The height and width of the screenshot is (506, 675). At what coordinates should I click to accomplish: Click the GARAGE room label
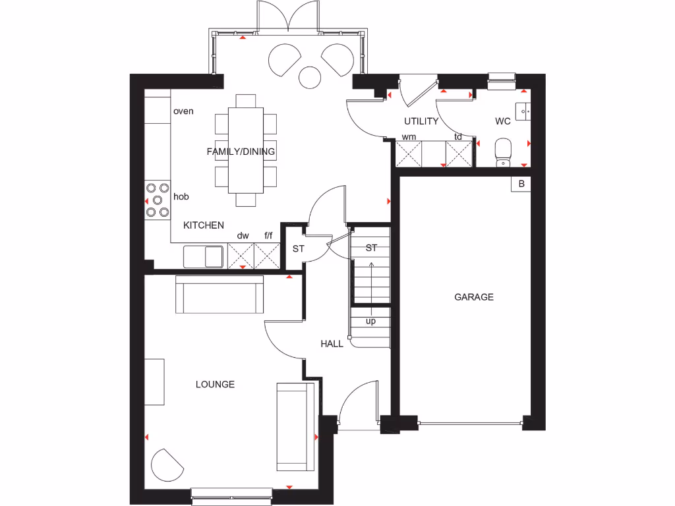pyautogui.click(x=473, y=297)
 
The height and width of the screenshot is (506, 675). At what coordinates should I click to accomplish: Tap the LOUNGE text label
pyautogui.click(x=215, y=384)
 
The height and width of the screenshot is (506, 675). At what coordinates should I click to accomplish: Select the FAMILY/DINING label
pyautogui.click(x=241, y=152)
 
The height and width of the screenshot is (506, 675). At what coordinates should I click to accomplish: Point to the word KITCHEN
pyautogui.click(x=203, y=225)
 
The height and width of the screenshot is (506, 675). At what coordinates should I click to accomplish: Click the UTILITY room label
pyautogui.click(x=421, y=121)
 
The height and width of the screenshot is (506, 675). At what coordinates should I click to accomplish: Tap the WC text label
pyautogui.click(x=503, y=121)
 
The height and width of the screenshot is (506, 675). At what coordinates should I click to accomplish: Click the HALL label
pyautogui.click(x=332, y=343)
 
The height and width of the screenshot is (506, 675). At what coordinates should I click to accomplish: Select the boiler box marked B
pyautogui.click(x=521, y=184)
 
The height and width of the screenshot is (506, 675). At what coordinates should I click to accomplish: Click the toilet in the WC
pyautogui.click(x=504, y=151)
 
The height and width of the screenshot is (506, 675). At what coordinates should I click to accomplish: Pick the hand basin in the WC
pyautogui.click(x=525, y=112)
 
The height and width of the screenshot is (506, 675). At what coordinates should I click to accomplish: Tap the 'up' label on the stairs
pyautogui.click(x=370, y=321)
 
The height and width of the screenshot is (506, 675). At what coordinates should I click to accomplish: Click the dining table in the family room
pyautogui.click(x=245, y=150)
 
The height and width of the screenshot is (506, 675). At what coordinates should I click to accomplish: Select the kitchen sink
pyautogui.click(x=204, y=256)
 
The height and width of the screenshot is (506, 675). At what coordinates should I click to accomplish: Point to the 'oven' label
pyautogui.click(x=183, y=111)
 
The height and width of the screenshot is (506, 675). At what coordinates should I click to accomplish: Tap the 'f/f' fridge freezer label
pyautogui.click(x=268, y=235)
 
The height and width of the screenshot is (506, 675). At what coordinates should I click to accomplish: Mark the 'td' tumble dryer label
pyautogui.click(x=458, y=137)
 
